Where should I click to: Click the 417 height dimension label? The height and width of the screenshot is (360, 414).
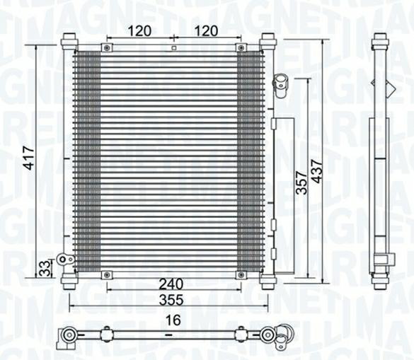point(29,158)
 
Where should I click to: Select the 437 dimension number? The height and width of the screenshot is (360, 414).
point(317,171)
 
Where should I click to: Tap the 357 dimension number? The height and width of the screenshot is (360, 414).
point(301,183)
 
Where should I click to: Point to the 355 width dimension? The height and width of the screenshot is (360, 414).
point(171,300)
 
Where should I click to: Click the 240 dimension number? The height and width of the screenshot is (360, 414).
point(171,284)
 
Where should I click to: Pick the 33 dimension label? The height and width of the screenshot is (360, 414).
point(45,269)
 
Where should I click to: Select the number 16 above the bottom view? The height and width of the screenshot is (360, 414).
point(173,320)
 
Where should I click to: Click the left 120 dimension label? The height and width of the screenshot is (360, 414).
point(139,31)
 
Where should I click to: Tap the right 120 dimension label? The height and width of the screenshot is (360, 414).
point(206,31)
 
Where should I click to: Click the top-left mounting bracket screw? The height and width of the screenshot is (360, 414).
point(107,48)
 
